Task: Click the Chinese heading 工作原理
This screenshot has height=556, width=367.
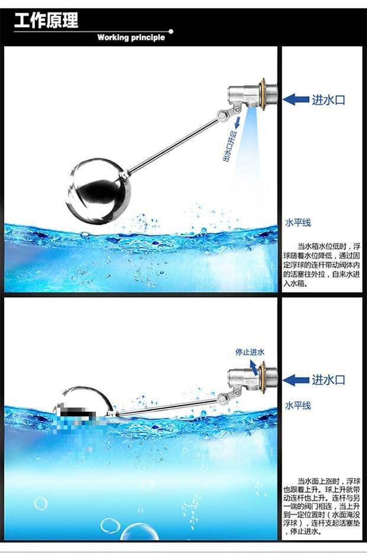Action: click(46, 20)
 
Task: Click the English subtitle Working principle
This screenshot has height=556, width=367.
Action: click(131, 38)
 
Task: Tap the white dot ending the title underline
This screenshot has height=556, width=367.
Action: click(171, 31)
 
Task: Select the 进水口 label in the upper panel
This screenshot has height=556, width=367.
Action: click(329, 99)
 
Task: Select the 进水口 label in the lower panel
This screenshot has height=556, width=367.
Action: click(329, 380)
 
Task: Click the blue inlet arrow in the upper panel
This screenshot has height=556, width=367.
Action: click(296, 99)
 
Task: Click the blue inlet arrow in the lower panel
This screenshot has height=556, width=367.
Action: click(296, 380)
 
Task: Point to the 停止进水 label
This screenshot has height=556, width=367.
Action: click(250, 352)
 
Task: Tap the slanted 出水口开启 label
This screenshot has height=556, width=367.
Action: click(230, 146)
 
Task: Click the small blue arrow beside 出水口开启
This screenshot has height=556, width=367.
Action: click(237, 122)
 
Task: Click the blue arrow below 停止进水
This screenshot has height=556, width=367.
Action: click(254, 367)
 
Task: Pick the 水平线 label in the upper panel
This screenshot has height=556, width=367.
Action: click(298, 222)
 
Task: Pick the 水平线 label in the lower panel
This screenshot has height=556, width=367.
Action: click(298, 406)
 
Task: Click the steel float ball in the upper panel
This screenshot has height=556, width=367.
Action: click(98, 192)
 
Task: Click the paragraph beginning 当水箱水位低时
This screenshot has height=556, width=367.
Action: click(321, 265)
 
